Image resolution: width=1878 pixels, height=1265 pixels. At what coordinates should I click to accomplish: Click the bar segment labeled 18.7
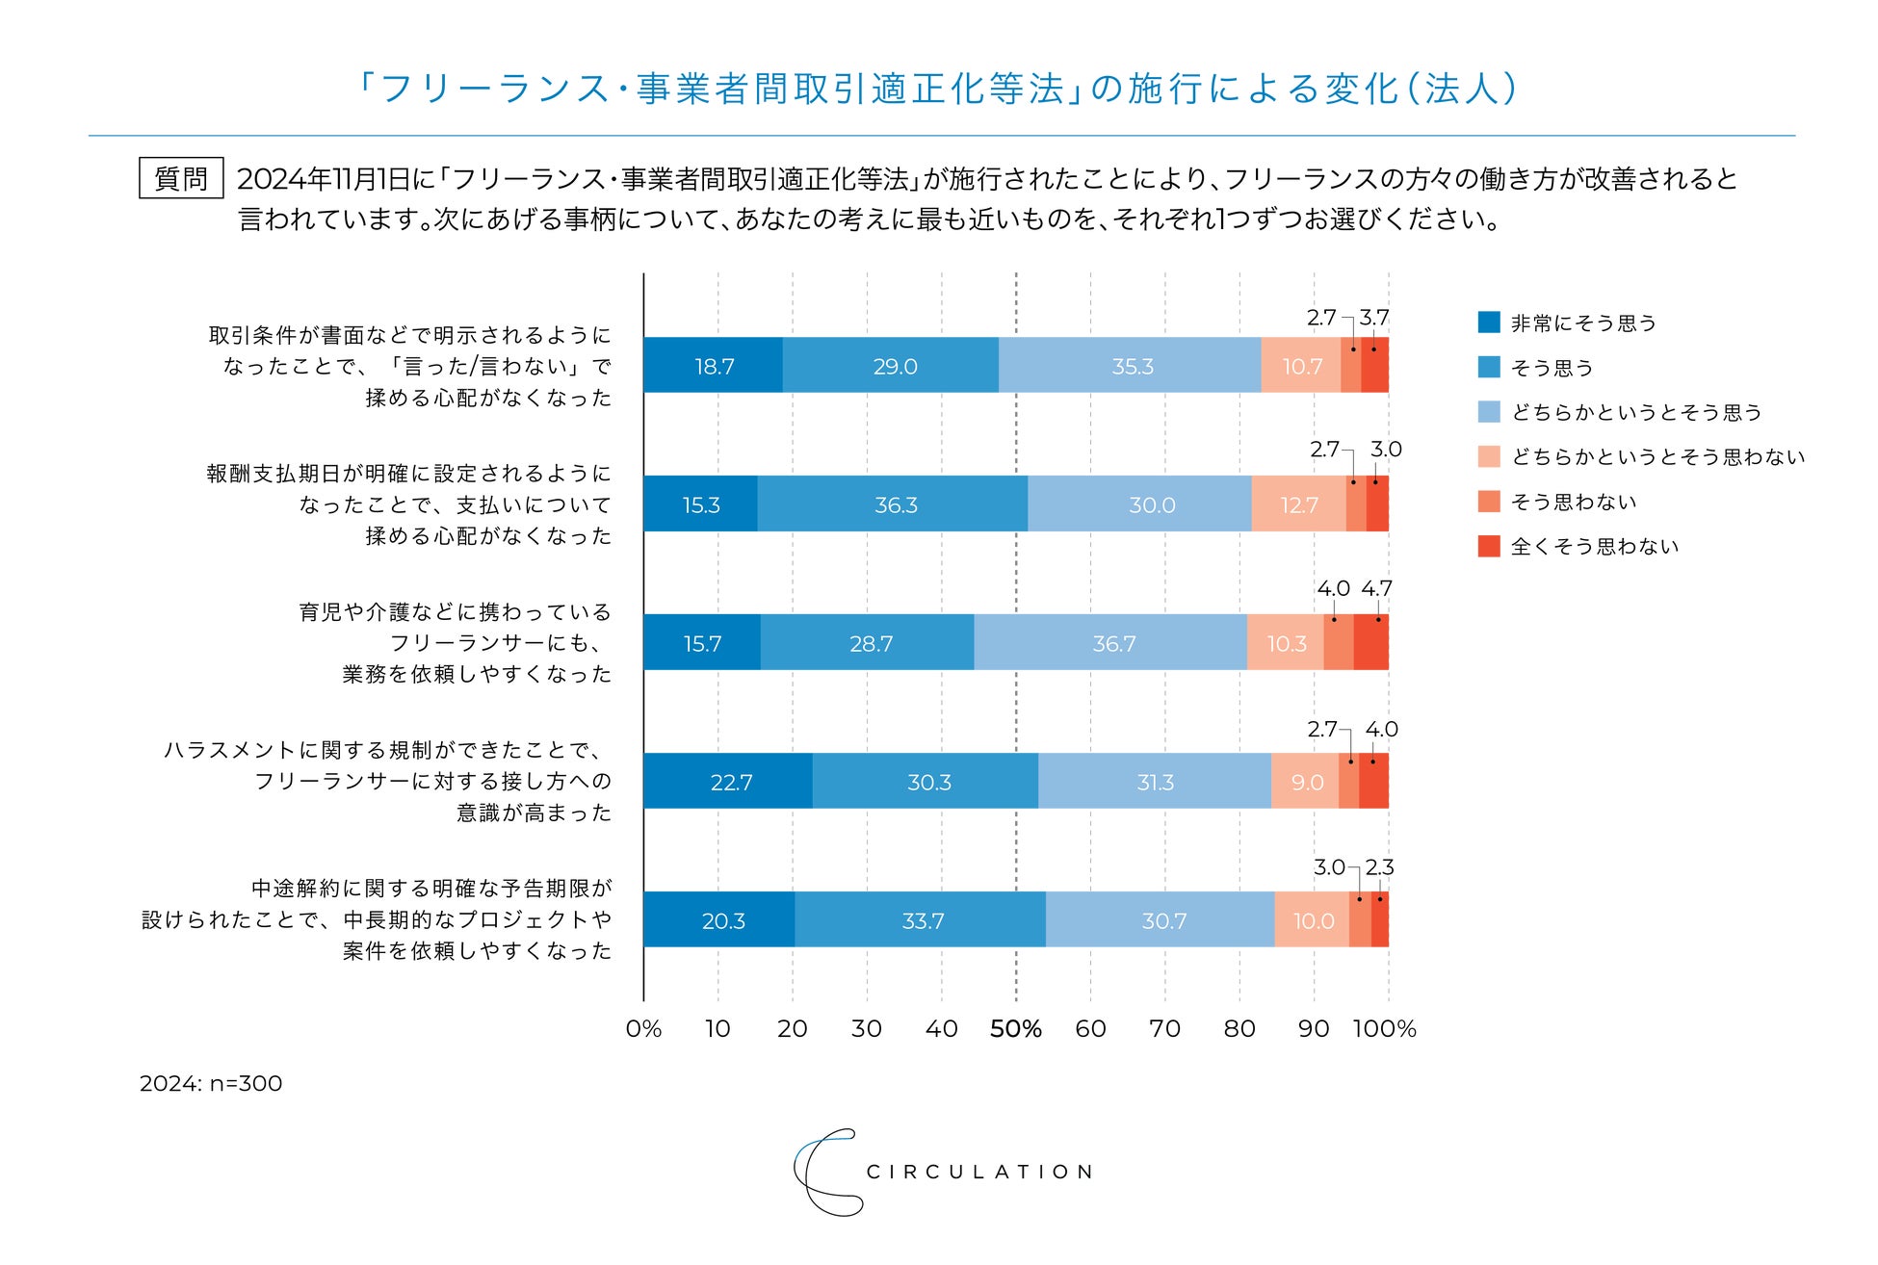714,366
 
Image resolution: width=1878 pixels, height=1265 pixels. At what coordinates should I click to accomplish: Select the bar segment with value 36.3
895,504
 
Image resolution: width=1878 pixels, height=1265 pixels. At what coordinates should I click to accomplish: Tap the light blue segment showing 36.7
1112,643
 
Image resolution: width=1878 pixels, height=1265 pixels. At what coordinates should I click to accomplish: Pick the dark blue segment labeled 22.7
730,782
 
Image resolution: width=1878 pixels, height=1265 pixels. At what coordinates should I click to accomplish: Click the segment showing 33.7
922,920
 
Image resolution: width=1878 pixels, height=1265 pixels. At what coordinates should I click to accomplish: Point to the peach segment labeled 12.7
1298,504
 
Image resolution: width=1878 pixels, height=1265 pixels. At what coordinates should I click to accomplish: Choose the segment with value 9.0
1306,782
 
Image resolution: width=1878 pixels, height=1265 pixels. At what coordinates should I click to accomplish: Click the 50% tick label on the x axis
1016,1029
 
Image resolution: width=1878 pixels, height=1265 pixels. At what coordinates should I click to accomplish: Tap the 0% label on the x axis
643,1029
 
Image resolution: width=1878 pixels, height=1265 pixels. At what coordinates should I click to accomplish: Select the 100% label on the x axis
1384,1029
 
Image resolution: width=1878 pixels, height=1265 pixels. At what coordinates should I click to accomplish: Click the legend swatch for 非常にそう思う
1489,323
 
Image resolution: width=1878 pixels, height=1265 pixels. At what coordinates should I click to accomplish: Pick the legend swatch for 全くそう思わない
1489,547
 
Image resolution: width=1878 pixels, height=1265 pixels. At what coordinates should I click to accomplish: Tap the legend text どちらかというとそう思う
1636,413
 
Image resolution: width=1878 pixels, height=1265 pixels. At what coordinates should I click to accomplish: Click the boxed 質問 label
181,179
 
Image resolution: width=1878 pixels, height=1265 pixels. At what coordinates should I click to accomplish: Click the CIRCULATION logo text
978,1172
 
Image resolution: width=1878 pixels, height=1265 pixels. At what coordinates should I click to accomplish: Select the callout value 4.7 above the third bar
1376,588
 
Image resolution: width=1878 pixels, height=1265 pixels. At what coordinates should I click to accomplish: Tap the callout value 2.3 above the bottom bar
1379,867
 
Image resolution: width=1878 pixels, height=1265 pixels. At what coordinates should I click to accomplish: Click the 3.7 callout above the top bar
1374,318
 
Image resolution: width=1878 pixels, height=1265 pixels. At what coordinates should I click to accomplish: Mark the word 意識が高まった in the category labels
534,813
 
